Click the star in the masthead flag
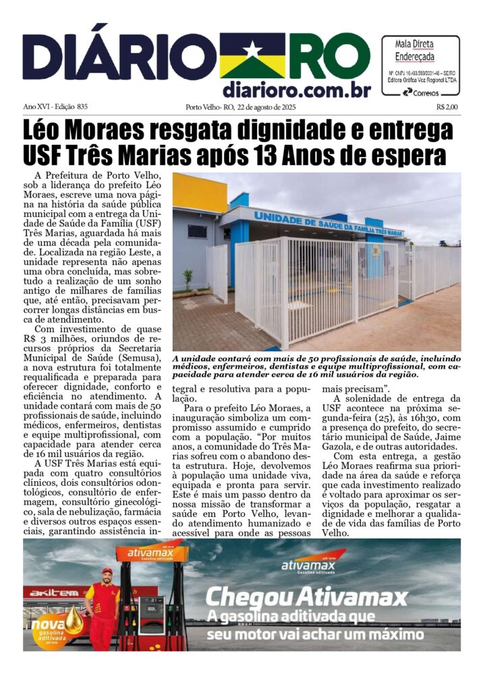(x=252, y=51)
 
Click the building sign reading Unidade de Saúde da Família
(x=327, y=224)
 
